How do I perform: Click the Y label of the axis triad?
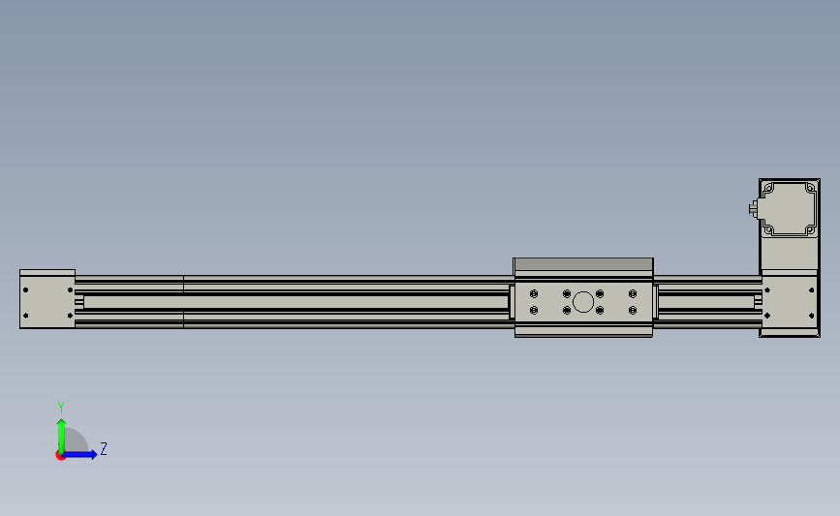60,408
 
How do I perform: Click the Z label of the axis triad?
104,448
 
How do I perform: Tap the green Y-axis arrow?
62,436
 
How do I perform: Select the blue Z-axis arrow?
79,455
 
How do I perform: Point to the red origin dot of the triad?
60,456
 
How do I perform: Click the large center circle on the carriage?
583,302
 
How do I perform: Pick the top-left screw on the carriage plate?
534,294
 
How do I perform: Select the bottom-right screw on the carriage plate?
633,311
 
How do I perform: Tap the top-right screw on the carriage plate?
633,294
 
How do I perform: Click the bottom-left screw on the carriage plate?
534,311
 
